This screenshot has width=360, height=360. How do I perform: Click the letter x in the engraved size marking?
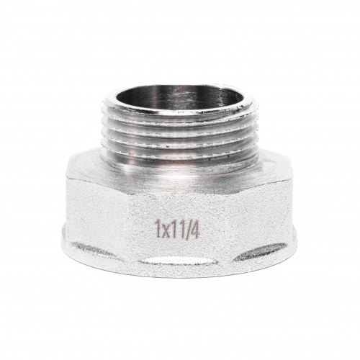coord(165,231)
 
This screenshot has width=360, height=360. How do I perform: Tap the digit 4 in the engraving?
coord(194,230)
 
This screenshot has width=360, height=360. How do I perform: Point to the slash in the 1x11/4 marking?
coord(185,230)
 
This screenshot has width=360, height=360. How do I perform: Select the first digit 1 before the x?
coord(158,229)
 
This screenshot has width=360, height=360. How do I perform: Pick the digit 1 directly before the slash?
coord(179,230)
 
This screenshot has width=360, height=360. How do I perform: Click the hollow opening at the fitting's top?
coord(179,99)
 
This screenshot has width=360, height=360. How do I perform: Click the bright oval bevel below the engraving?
coord(178,260)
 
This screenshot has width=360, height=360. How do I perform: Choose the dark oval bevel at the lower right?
coord(261,251)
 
